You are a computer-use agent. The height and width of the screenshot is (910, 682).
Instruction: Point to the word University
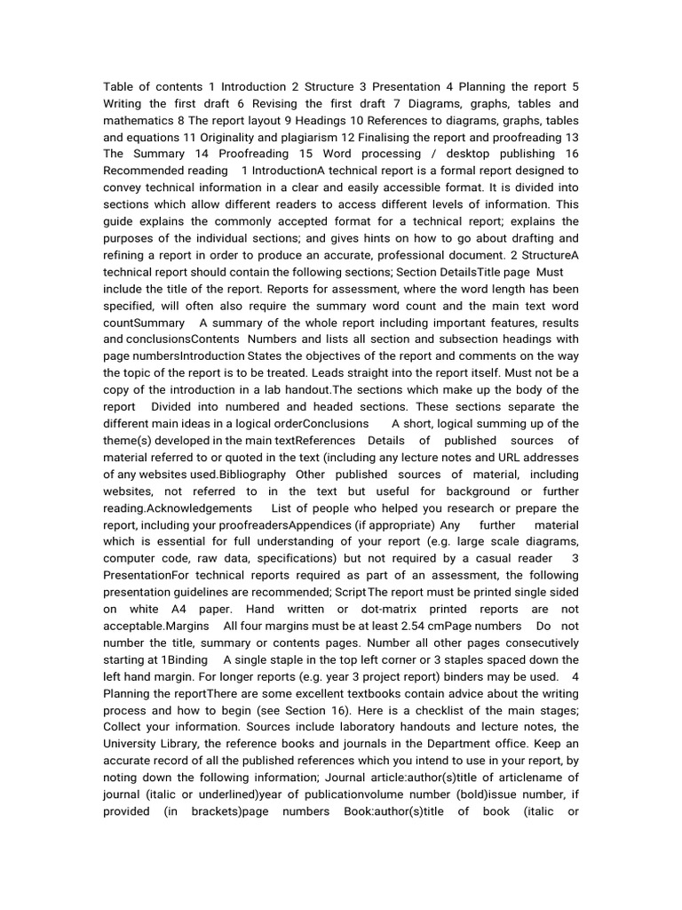pyautogui.click(x=133, y=745)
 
